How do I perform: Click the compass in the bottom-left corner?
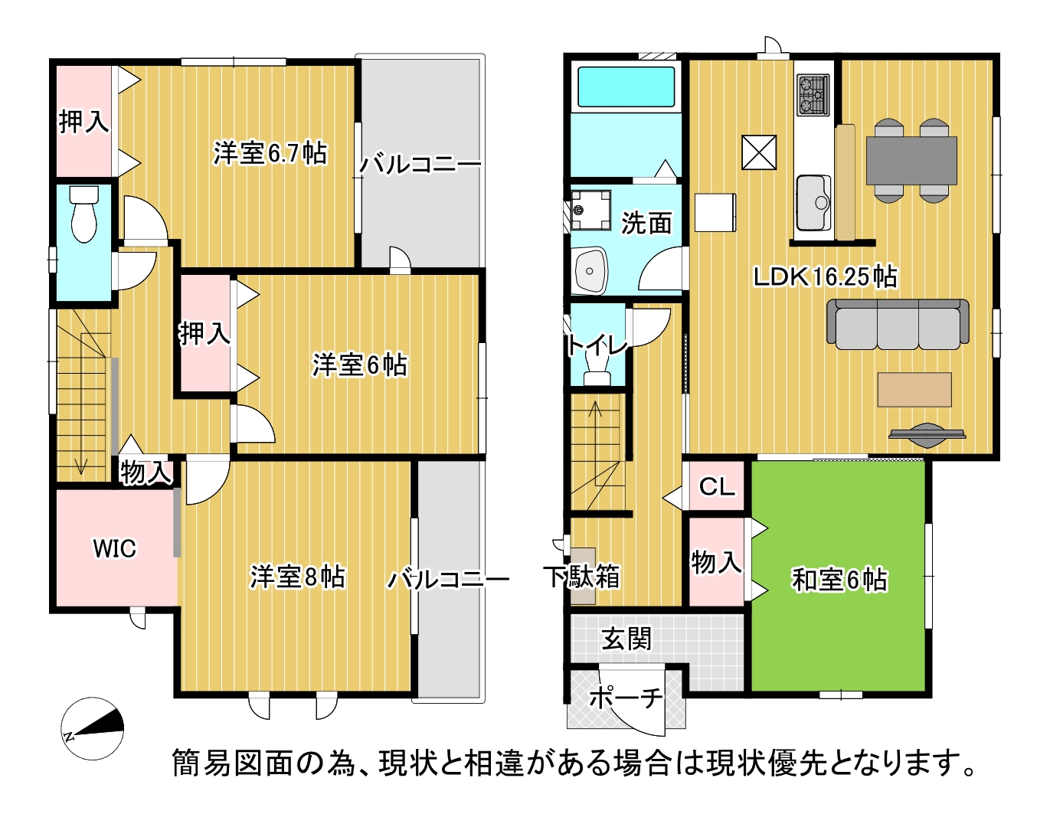click(x=93, y=728)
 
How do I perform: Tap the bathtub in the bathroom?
click(x=626, y=87)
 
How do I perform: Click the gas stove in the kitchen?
click(x=813, y=95)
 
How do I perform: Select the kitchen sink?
click(x=813, y=202)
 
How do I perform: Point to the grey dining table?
click(x=911, y=160)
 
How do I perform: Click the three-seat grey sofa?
click(x=898, y=324)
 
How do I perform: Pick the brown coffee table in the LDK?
click(x=914, y=389)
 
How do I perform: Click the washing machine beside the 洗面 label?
click(x=590, y=210)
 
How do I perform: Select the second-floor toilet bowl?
click(x=83, y=214)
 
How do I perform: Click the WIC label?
click(x=115, y=548)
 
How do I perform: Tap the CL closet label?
click(x=717, y=486)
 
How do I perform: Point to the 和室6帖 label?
click(x=839, y=579)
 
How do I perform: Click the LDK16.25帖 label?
click(x=826, y=277)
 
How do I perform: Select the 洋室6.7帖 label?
click(x=270, y=153)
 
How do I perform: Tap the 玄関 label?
click(x=626, y=639)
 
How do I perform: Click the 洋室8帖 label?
click(x=298, y=577)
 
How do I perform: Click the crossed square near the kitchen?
click(x=759, y=152)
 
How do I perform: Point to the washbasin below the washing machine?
click(x=590, y=271)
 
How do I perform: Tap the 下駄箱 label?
click(x=582, y=577)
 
